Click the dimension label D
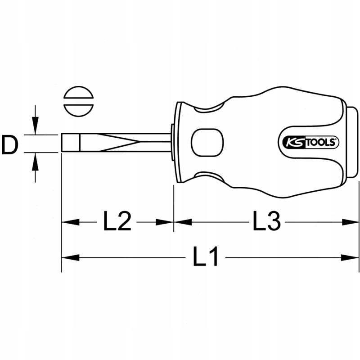[9, 144]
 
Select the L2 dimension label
[117, 221]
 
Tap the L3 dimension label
[266, 221]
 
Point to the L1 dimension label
[205, 256]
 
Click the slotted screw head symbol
[78, 101]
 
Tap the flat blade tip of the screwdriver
[71, 142]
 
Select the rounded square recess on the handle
[207, 143]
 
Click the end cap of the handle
[352, 142]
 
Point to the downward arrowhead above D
[35, 126]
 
